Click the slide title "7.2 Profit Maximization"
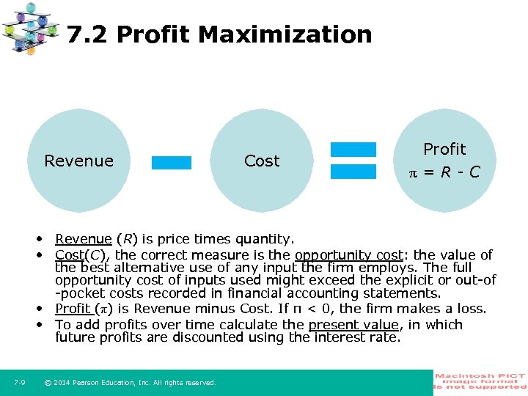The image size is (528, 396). tap(219, 34)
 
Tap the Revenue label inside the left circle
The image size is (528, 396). tap(78, 161)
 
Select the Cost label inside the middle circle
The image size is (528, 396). tap(262, 161)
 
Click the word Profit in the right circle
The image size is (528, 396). tap(444, 149)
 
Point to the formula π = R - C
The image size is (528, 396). tap(444, 172)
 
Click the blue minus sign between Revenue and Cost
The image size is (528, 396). tap(171, 162)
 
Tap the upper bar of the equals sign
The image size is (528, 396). tap(353, 150)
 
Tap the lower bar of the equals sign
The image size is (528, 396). tap(353, 172)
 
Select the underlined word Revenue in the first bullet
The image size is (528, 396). tap(83, 238)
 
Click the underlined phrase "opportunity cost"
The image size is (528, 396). tap(348, 255)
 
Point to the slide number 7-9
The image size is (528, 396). tap(20, 382)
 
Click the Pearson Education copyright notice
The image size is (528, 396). tap(130, 382)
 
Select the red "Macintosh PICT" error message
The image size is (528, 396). tap(480, 381)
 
